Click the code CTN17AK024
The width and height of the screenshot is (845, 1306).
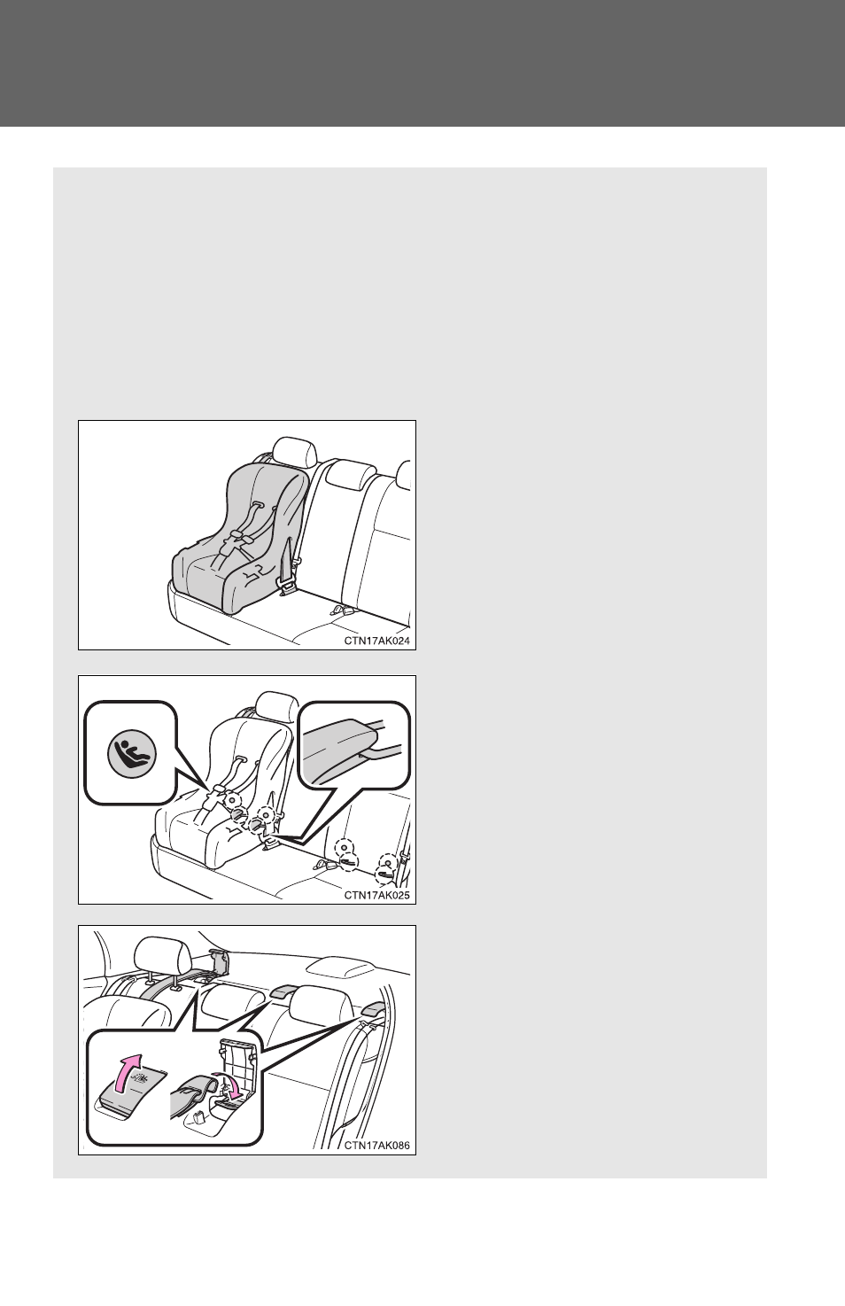(376, 641)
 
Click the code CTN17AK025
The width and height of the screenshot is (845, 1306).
(376, 895)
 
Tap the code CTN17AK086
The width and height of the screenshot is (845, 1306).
(376, 1145)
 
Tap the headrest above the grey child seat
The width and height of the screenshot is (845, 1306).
(295, 452)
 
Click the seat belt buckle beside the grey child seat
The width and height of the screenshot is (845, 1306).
(287, 585)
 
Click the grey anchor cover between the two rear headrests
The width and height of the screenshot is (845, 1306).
(283, 990)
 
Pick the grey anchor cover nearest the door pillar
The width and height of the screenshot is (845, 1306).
(372, 1008)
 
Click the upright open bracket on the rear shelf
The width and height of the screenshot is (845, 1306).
(219, 962)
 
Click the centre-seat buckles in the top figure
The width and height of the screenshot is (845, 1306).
(342, 611)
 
